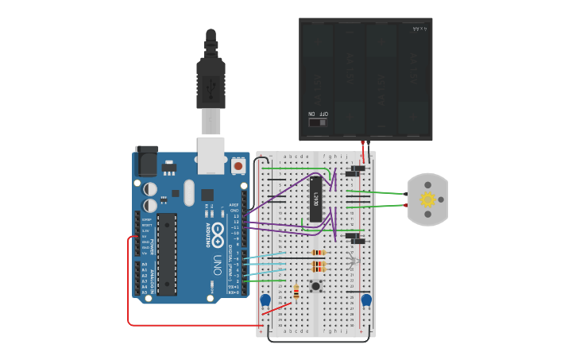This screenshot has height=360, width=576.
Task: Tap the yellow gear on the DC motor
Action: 427,199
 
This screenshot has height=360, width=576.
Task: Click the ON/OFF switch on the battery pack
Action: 318,122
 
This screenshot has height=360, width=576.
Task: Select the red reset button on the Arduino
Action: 238,166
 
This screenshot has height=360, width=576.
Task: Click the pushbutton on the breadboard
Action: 316,285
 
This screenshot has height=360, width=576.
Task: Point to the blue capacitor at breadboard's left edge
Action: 265,300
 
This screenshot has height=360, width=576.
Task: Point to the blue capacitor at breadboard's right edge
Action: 366,300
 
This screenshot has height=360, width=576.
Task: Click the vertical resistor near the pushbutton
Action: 296,292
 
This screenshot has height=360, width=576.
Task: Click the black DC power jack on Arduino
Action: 146,161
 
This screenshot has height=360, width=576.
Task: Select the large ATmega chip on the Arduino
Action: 167,253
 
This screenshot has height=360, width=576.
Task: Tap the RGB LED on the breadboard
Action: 354,260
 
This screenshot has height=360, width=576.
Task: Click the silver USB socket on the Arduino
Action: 211,154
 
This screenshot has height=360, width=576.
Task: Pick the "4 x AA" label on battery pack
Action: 419,29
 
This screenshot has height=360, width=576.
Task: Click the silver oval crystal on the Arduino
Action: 188,192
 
